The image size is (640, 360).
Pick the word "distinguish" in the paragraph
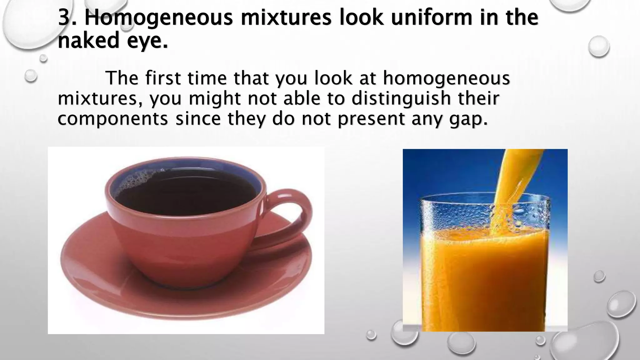coord(401,99)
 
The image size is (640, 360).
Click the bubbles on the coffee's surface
coord(131,181)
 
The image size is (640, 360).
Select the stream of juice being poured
coord(512,175)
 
